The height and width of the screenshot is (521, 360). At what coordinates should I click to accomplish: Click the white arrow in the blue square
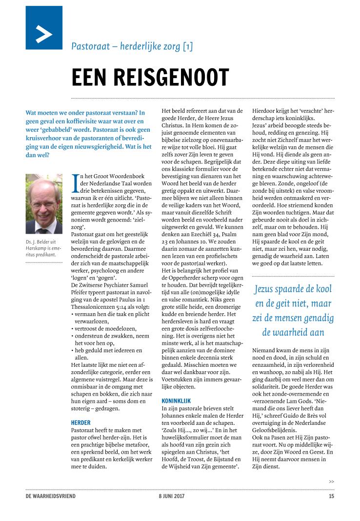(44, 34)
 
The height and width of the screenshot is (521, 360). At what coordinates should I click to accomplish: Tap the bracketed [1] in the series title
(187, 47)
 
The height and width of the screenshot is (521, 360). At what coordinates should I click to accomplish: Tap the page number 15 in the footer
(331, 496)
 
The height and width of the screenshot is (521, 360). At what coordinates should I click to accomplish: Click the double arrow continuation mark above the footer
(331, 481)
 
